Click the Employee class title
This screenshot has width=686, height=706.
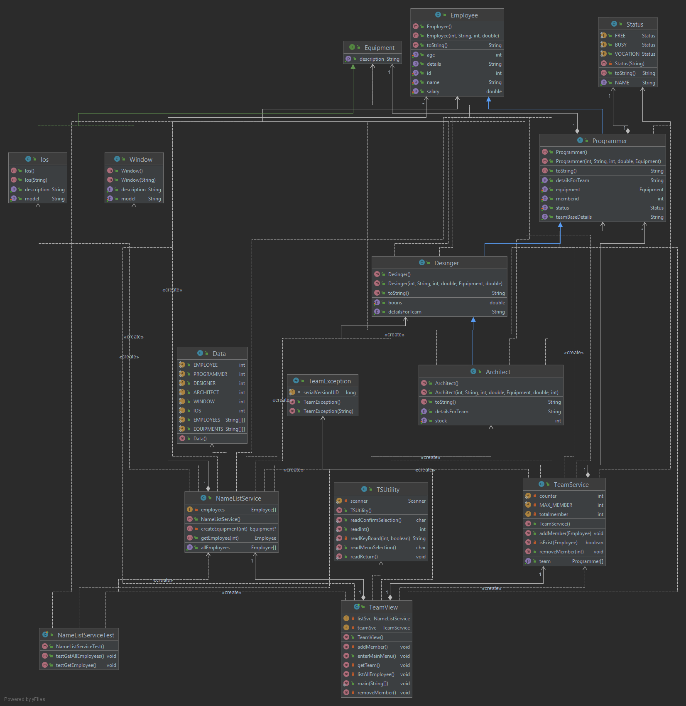pyautogui.click(x=464, y=15)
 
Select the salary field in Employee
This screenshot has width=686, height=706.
pyautogui.click(x=433, y=91)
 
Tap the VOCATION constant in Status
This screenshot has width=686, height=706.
pyautogui.click(x=627, y=54)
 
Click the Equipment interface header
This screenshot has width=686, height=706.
pyautogui.click(x=379, y=48)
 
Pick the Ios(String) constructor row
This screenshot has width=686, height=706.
pyautogui.click(x=36, y=180)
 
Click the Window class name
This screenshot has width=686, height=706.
pyautogui.click(x=141, y=160)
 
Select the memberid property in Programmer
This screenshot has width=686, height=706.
pyautogui.click(x=567, y=199)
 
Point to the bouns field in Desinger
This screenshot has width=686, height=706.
pyautogui.click(x=395, y=303)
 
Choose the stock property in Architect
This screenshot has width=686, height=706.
pyautogui.click(x=441, y=421)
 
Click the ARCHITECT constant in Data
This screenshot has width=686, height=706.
pyautogui.click(x=206, y=392)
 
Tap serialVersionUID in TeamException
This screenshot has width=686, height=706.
pyautogui.click(x=321, y=392)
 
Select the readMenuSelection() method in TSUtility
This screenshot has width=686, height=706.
pyautogui.click(x=373, y=548)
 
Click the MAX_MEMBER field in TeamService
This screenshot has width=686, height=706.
pyautogui.click(x=556, y=505)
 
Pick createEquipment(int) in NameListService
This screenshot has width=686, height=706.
pyautogui.click(x=224, y=529)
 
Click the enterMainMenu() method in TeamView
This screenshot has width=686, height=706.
pyautogui.click(x=377, y=656)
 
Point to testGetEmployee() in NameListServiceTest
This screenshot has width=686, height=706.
pyautogui.click(x=76, y=665)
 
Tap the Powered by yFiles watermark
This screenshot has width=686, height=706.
pyautogui.click(x=24, y=699)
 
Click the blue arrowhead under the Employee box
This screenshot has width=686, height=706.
pyautogui.click(x=489, y=99)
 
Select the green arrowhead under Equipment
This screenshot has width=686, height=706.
pyautogui.click(x=353, y=67)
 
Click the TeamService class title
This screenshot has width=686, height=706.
pyautogui.click(x=571, y=485)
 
